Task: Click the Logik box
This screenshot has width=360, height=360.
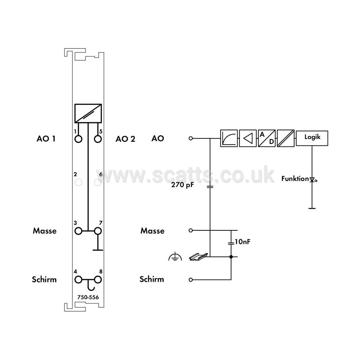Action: click(x=312, y=138)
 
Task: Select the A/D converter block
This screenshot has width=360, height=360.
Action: click(x=266, y=138)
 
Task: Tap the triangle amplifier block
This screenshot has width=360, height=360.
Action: click(x=248, y=138)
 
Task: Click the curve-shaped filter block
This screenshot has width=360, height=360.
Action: click(x=229, y=138)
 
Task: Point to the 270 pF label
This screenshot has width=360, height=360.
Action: click(x=183, y=185)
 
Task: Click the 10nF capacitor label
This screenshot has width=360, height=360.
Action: click(x=242, y=241)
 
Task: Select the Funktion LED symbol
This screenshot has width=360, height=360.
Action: click(x=313, y=180)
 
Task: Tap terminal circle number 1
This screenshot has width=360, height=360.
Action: click(x=79, y=139)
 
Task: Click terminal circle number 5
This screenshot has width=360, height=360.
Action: click(x=98, y=139)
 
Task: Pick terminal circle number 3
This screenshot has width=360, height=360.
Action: click(x=79, y=231)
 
